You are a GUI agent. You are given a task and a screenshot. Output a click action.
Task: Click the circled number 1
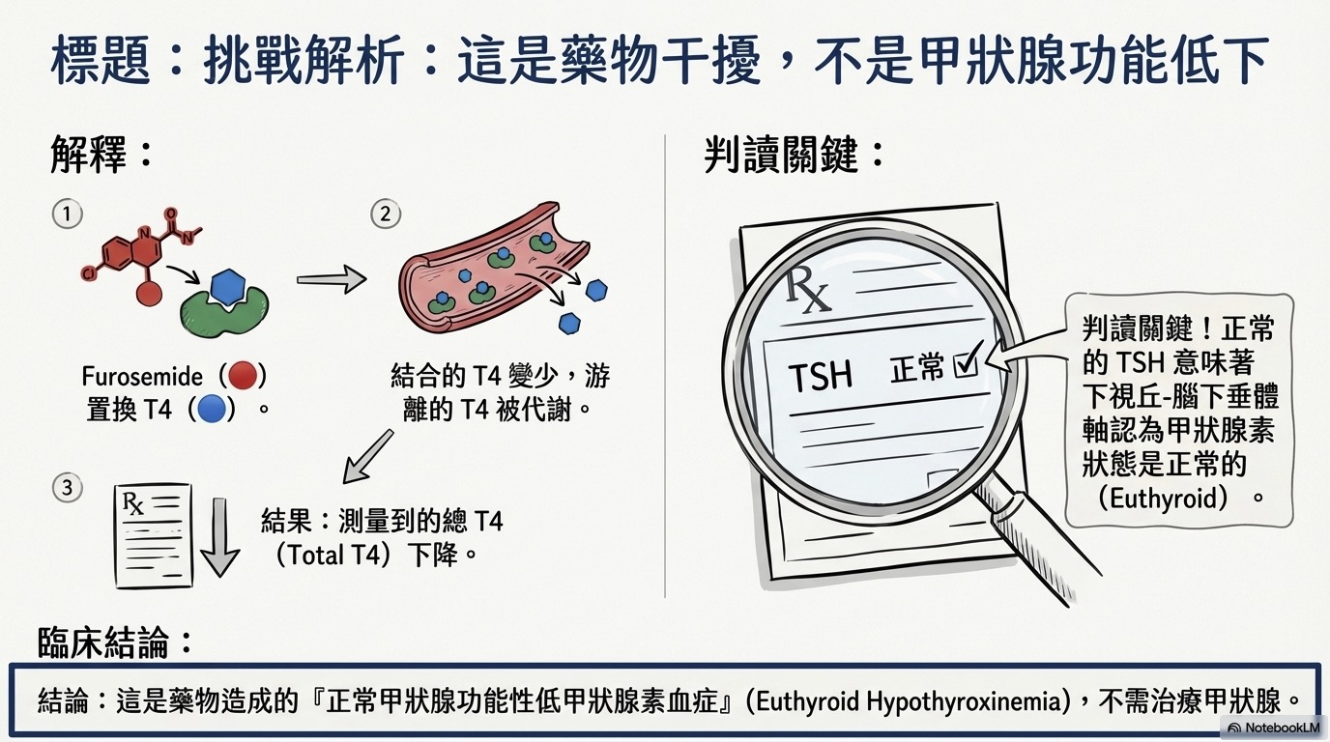67,214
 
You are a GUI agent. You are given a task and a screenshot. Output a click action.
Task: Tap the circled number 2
386,214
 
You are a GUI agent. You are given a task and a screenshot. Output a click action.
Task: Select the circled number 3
67,488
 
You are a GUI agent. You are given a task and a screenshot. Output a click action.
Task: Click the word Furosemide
142,377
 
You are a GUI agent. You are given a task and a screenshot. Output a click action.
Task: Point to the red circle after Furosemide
243,376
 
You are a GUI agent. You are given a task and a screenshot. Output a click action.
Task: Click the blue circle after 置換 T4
212,409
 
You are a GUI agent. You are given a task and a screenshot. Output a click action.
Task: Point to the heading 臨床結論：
115,642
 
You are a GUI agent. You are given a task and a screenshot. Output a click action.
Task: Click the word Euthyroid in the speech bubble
1163,498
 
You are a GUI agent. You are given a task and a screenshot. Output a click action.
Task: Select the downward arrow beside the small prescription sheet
220,537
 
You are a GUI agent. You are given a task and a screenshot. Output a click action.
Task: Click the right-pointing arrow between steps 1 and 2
332,279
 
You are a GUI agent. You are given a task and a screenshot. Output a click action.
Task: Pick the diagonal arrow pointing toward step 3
368,456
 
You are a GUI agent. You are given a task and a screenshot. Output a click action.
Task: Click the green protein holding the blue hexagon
224,312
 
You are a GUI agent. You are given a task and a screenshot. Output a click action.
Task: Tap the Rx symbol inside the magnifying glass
807,290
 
